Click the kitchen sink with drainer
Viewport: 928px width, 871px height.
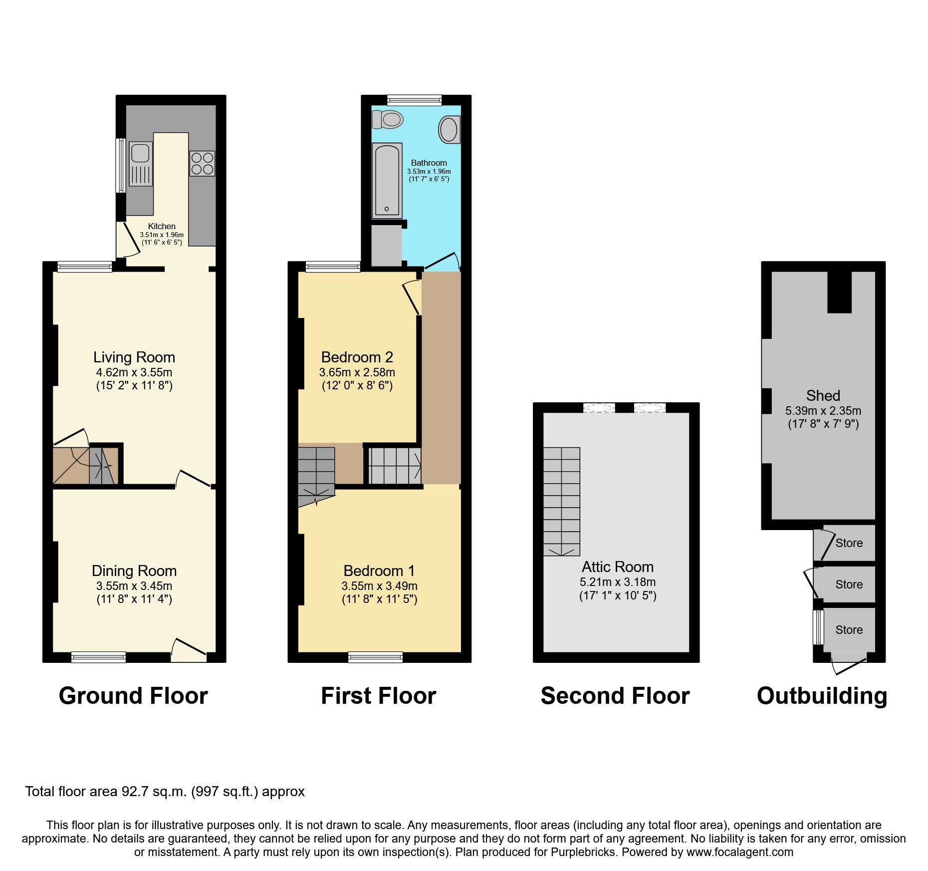pos(141,164)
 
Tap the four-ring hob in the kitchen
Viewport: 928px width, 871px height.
pos(202,164)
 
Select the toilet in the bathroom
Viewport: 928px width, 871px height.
pos(388,119)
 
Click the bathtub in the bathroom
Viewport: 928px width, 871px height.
pos(387,181)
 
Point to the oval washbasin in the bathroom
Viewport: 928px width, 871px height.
pos(449,129)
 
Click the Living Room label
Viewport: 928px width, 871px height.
pos(134,357)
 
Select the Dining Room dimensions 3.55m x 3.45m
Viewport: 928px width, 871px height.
pos(134,585)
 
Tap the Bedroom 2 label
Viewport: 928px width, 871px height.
pos(357,357)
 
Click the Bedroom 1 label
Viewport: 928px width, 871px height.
pos(379,571)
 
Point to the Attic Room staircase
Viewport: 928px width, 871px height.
pos(562,501)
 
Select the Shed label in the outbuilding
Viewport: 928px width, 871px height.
pos(823,396)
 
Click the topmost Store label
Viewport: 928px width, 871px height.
pos(849,543)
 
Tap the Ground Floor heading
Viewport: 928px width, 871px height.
pos(133,696)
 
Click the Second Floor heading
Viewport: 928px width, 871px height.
pos(615,696)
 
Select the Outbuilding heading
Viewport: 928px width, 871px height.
pos(822,696)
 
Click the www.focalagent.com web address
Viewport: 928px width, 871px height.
pos(739,852)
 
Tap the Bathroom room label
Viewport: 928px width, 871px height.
pos(429,163)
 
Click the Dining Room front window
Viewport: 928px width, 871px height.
pos(98,657)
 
